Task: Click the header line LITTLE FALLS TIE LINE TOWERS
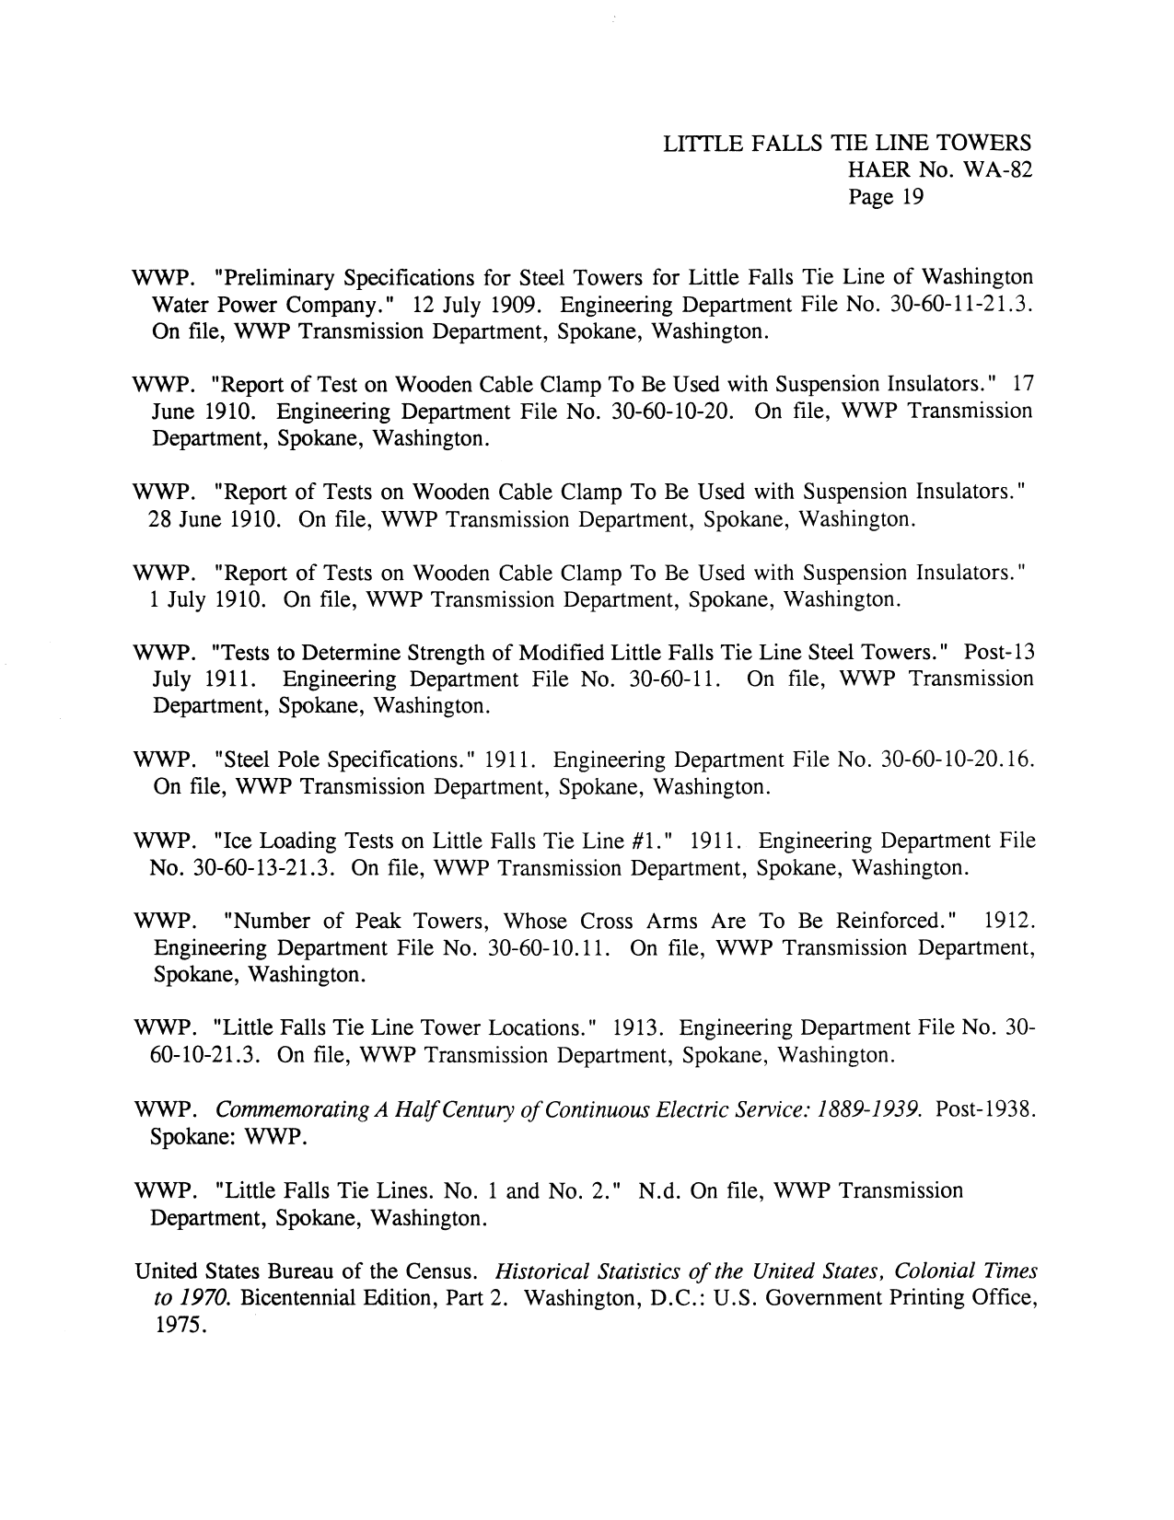click(x=846, y=144)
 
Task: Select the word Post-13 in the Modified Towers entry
click(x=999, y=654)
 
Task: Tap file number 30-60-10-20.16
click(x=959, y=761)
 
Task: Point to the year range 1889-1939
click(x=866, y=1110)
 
